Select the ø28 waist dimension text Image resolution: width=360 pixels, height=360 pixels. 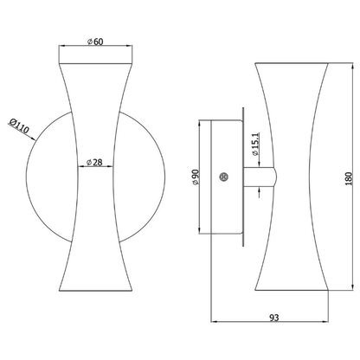click(96, 161)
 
